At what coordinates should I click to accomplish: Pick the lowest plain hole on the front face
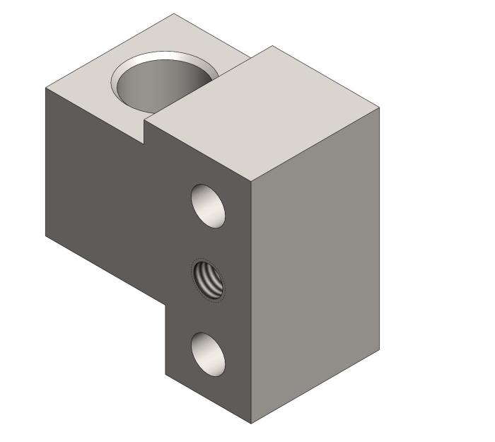coord(209,354)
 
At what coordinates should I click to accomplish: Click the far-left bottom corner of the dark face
coord(46,235)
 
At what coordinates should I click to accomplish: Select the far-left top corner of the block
coord(46,88)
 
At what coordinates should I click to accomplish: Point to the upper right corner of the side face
coord(379,109)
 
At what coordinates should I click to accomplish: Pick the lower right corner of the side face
coord(379,351)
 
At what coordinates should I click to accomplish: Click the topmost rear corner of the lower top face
coord(174,13)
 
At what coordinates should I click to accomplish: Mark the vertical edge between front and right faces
coord(252,297)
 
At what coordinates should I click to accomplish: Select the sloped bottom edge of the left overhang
coord(106,269)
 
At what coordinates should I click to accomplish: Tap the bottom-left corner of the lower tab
coord(165,374)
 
